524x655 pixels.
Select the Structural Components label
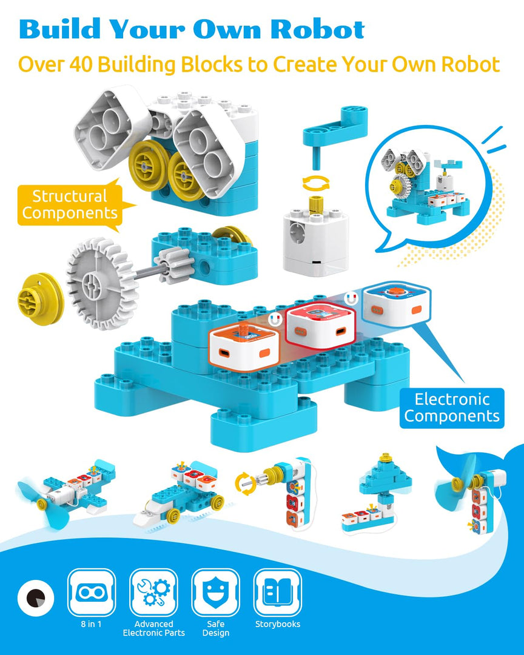click(69, 204)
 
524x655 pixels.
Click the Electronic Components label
click(452, 408)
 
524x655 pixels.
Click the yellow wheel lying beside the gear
click(39, 298)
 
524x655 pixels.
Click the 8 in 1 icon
click(92, 592)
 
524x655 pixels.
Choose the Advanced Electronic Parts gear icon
click(153, 592)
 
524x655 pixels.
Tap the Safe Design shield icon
click(215, 592)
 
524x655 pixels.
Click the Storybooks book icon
click(277, 592)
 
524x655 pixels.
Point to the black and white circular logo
click(36, 597)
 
